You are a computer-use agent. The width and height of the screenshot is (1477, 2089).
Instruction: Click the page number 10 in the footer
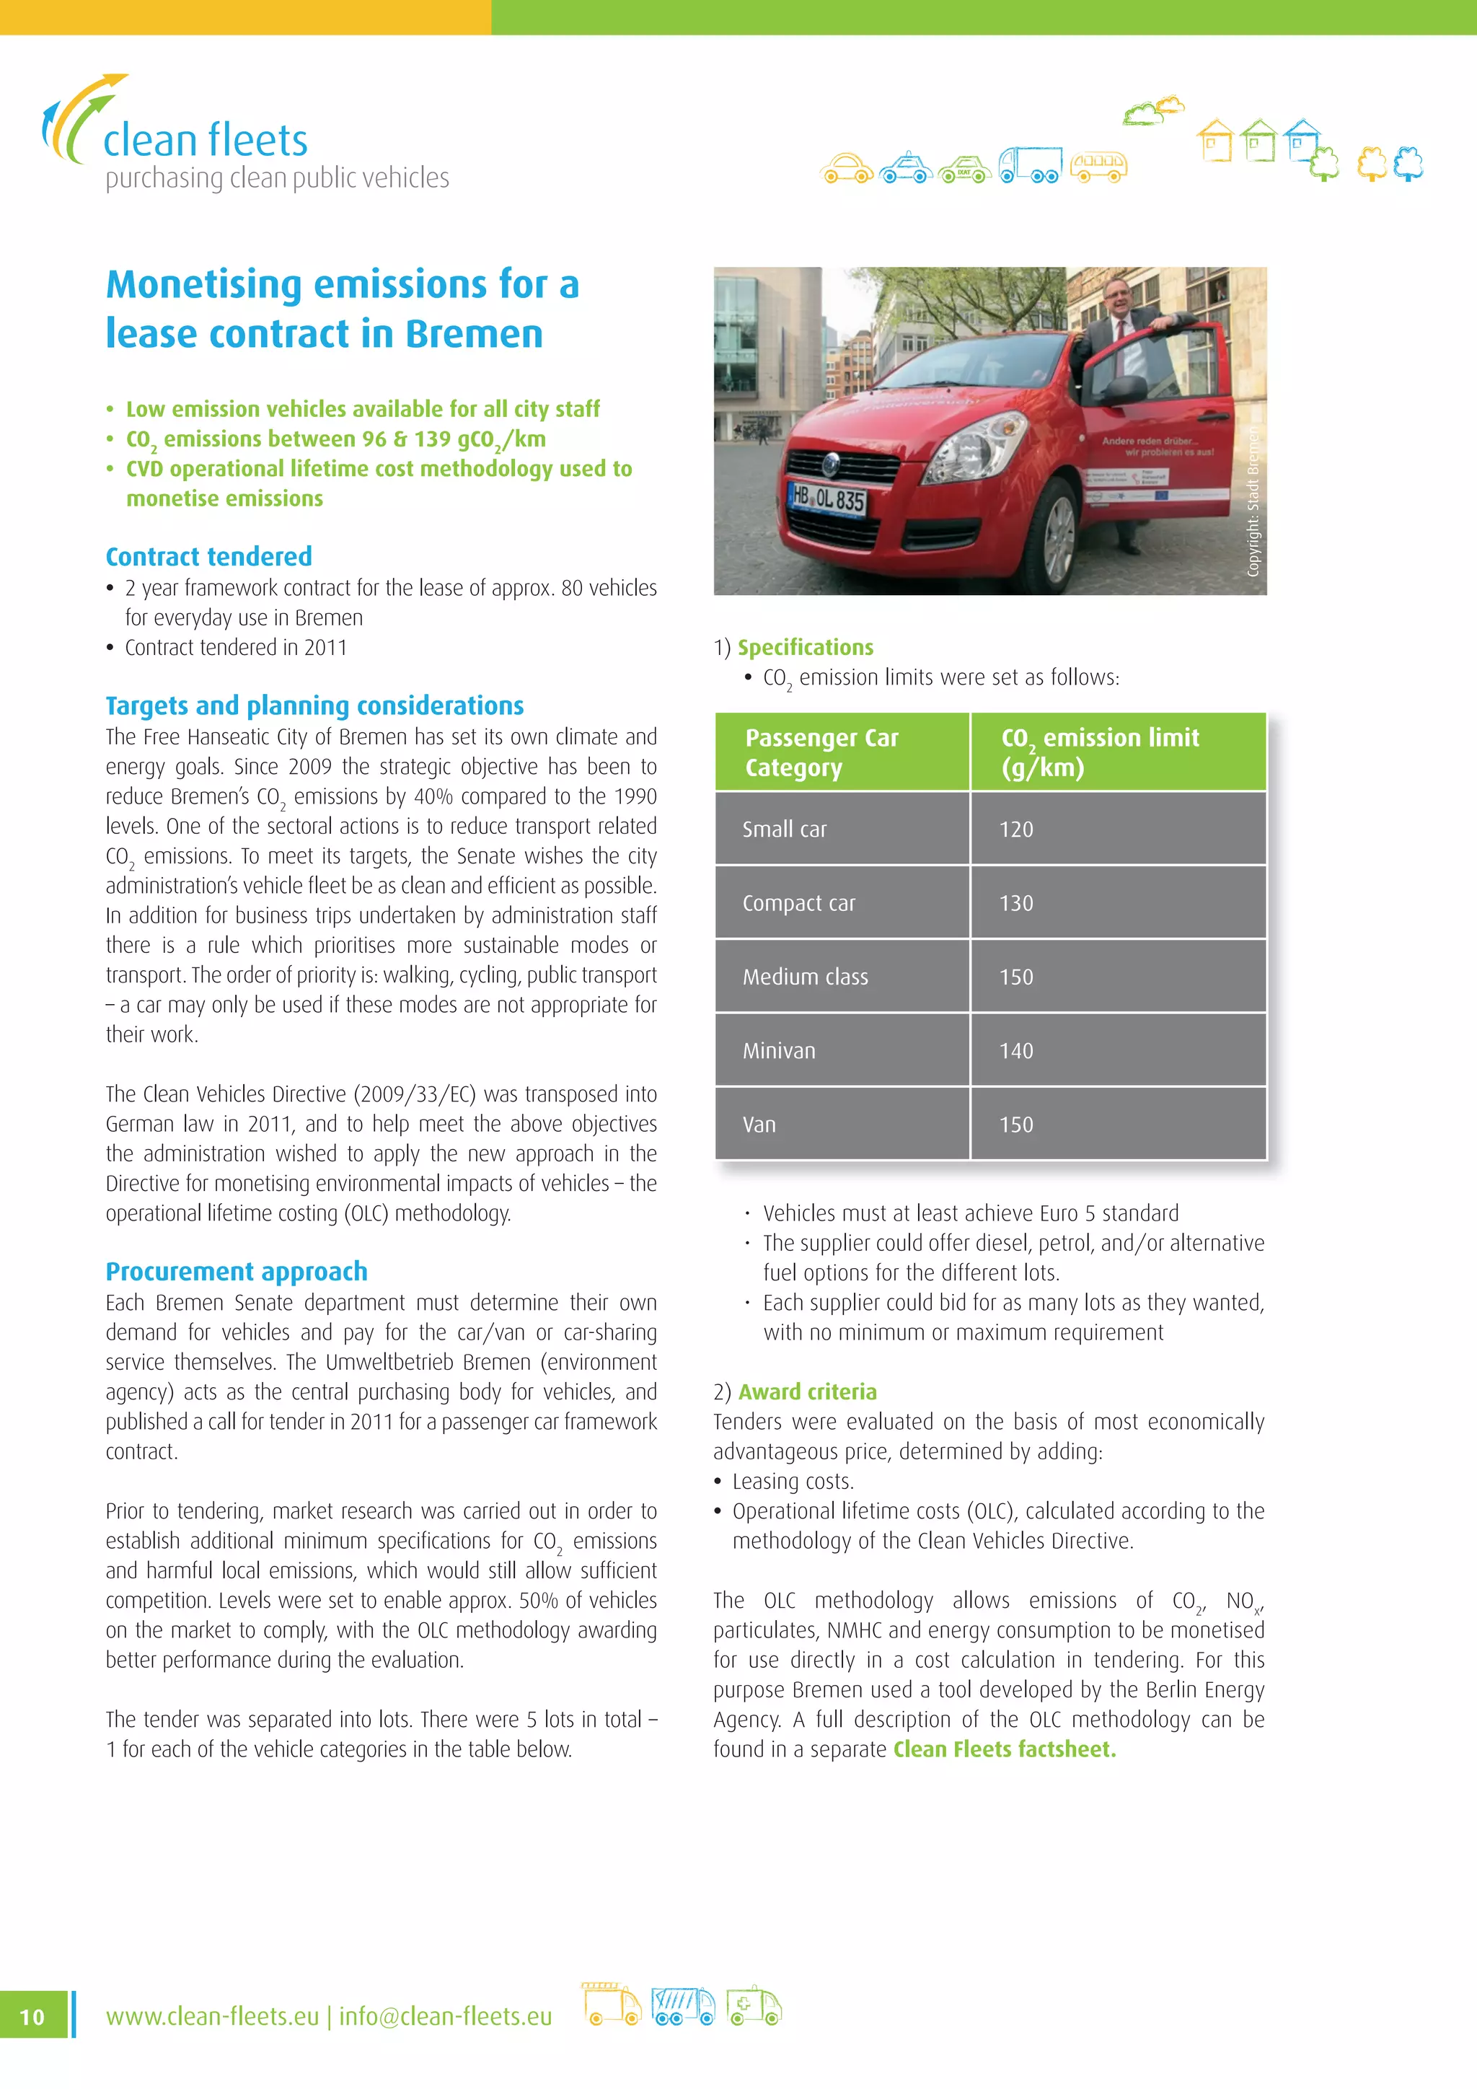tap(32, 2016)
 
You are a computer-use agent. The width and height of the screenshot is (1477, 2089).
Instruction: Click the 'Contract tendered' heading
tap(208, 556)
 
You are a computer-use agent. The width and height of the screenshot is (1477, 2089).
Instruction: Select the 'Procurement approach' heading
tap(237, 1271)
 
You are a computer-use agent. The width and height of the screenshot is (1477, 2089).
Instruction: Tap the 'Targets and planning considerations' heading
tap(314, 705)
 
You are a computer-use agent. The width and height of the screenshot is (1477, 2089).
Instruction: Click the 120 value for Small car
tap(1016, 829)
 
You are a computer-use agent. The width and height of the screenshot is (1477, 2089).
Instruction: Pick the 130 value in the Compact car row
tap(1016, 902)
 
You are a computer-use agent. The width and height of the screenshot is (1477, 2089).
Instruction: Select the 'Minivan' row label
tap(778, 1051)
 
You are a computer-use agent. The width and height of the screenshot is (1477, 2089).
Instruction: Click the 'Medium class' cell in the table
tap(805, 977)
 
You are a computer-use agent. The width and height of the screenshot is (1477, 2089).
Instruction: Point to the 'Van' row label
tap(759, 1125)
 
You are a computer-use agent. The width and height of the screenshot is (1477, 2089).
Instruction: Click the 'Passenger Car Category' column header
tap(821, 752)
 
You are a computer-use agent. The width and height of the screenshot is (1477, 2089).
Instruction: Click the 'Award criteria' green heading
tap(808, 1391)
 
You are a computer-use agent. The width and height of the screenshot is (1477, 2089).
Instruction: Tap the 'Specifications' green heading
tap(805, 647)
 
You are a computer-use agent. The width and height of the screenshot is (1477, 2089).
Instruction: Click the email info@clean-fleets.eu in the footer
tap(445, 2016)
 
